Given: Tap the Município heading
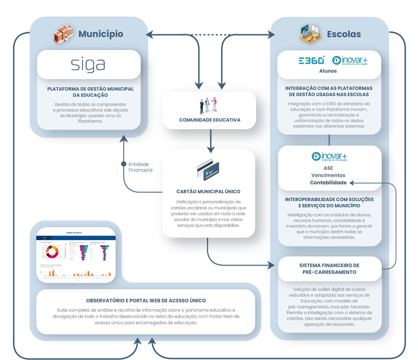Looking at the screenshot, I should tap(101, 34).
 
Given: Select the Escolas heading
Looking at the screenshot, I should tap(344, 34).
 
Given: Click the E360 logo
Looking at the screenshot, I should tap(312, 60).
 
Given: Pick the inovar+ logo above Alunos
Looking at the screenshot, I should tap(350, 61).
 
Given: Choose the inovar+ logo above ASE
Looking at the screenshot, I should tap(329, 157).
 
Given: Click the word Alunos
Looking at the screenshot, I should tap(328, 71).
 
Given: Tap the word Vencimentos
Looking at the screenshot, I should tap(328, 175).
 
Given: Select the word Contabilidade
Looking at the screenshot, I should tap(328, 182).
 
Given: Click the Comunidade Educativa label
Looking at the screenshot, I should tap(210, 120).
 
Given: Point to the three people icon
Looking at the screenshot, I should tap(209, 105).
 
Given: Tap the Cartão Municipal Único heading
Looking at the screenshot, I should tap(208, 192).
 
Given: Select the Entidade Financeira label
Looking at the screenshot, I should tap(138, 167).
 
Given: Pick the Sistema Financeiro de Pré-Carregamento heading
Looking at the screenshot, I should tap(329, 269).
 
